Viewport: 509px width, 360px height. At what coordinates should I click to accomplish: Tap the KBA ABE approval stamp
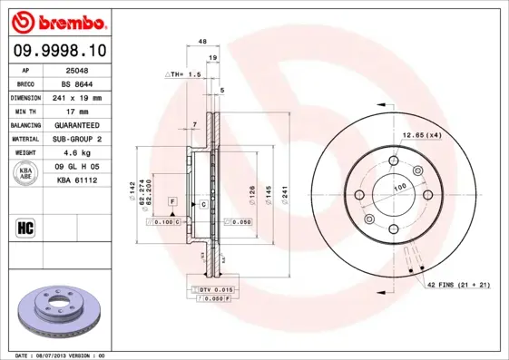point(26,174)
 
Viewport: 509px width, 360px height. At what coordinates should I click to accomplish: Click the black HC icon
point(26,227)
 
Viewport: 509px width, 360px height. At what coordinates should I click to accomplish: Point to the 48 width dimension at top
point(202,42)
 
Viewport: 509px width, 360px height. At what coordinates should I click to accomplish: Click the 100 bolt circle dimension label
point(398,188)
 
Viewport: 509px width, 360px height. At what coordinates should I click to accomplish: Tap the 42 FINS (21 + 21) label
point(458,285)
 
